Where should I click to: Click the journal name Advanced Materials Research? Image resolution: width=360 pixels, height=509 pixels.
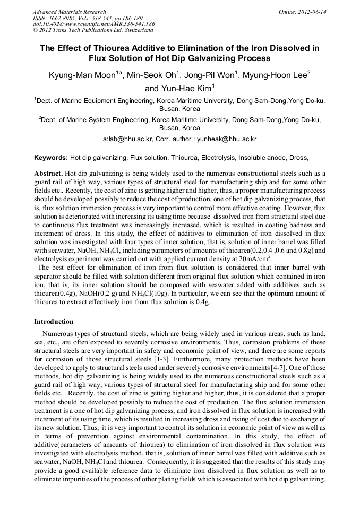point(69,12)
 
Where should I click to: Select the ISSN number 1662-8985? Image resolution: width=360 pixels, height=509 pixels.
point(64,18)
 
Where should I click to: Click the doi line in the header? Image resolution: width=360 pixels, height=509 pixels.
point(93,24)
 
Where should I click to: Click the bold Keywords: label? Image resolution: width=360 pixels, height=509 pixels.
point(51,158)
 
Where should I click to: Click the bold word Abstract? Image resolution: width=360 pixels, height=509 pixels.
point(48,174)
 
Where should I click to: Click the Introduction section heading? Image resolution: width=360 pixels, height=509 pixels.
point(54,322)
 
